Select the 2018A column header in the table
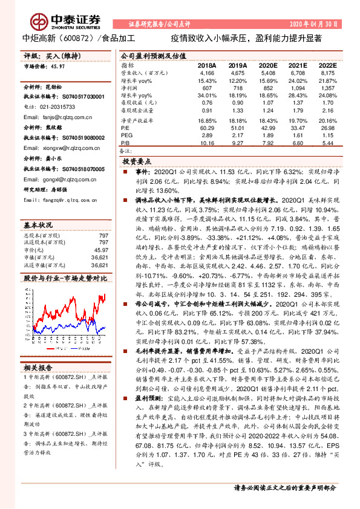pyautogui.click(x=206, y=64)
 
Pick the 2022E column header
pyautogui.click(x=327, y=64)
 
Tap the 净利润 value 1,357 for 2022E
pyautogui.click(x=327, y=88)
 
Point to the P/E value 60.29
pyautogui.click(x=206, y=128)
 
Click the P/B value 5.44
pyautogui.click(x=327, y=143)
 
